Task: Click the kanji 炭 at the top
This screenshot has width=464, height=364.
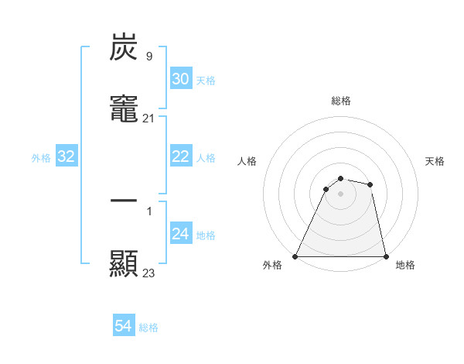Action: pos(124,48)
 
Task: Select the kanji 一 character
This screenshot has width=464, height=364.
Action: pos(124,201)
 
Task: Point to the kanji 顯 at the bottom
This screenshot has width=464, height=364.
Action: pos(124,263)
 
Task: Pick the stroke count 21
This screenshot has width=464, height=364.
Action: pos(148,118)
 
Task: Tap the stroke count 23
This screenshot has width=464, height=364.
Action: pos(148,273)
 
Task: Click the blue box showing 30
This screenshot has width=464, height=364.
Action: pos(180,79)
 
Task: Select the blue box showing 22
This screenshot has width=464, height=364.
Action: pos(180,156)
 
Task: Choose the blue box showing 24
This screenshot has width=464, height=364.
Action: pos(180,234)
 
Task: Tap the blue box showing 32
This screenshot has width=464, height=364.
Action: pos(66,156)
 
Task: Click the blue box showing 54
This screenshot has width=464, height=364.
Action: pos(124,326)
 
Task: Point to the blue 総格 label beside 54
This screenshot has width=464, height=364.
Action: pos(148,328)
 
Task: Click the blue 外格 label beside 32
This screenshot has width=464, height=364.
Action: pos(41,158)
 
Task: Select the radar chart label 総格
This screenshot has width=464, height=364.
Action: pos(341,101)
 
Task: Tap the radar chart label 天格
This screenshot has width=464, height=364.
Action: pos(435,161)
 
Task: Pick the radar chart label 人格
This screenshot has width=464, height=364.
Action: pos(247,161)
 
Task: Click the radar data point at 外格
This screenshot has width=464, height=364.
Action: pos(295,256)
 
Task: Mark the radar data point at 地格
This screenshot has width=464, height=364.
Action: pos(386,256)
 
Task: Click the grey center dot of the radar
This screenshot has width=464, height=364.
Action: pos(340,194)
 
